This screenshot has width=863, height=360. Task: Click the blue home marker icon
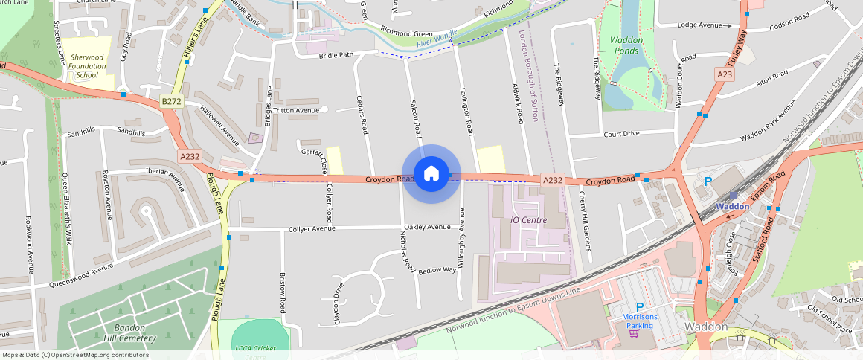click(x=431, y=174)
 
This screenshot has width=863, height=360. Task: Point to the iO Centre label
click(x=529, y=220)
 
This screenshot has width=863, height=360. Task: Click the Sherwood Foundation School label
click(x=87, y=66)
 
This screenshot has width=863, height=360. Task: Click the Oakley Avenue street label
click(x=427, y=227)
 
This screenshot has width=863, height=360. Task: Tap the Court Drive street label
click(x=621, y=134)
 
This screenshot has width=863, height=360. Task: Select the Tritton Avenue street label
click(x=296, y=110)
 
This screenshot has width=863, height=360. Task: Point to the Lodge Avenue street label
click(x=699, y=25)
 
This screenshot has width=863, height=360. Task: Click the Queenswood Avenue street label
click(x=81, y=275)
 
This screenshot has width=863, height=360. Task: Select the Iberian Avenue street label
click(x=164, y=174)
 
